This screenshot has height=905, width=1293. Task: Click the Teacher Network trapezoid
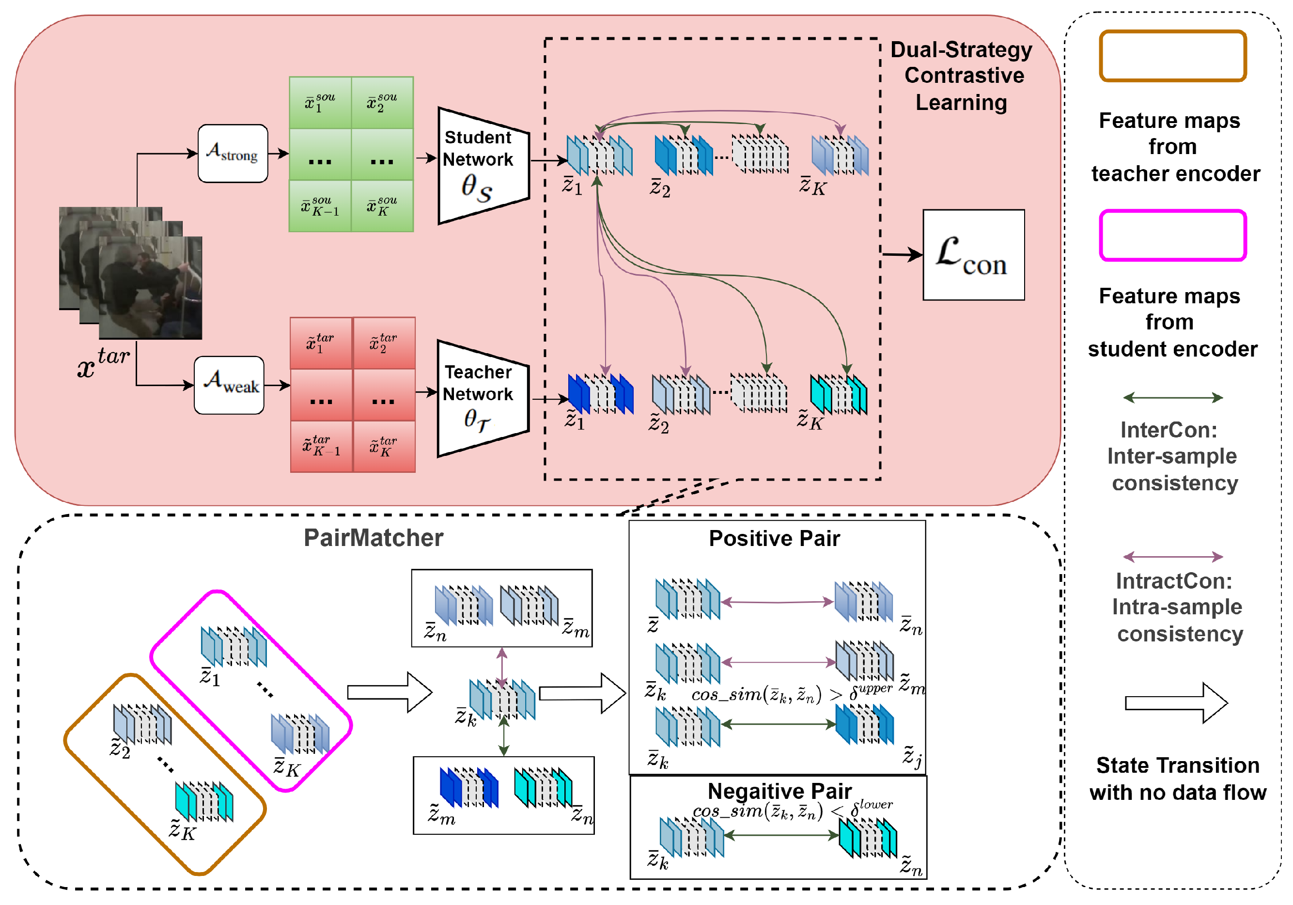pyautogui.click(x=483, y=399)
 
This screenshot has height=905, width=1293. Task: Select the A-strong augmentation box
pyautogui.click(x=233, y=153)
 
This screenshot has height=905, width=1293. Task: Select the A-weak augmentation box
pyautogui.click(x=229, y=385)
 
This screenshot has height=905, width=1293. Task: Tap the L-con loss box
pyautogui.click(x=973, y=255)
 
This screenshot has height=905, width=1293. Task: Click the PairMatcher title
pyautogui.click(x=374, y=538)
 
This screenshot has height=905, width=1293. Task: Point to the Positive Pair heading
pyautogui.click(x=774, y=538)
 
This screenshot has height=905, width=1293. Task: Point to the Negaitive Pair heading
pyautogui.click(x=779, y=791)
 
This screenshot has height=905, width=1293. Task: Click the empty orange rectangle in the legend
pyautogui.click(x=1172, y=56)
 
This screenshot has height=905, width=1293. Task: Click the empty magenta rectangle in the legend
pyautogui.click(x=1172, y=235)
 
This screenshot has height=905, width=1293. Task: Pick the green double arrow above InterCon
pyautogui.click(x=1172, y=398)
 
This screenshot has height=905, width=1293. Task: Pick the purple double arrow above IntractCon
pyautogui.click(x=1172, y=557)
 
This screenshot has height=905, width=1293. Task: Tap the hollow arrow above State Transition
pyautogui.click(x=1176, y=703)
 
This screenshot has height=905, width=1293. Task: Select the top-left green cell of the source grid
pyautogui.click(x=320, y=103)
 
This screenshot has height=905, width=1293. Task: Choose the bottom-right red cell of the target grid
pyautogui.click(x=384, y=446)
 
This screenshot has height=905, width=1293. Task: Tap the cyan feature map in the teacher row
pyautogui.click(x=838, y=394)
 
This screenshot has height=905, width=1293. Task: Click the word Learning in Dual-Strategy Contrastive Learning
pyautogui.click(x=961, y=103)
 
